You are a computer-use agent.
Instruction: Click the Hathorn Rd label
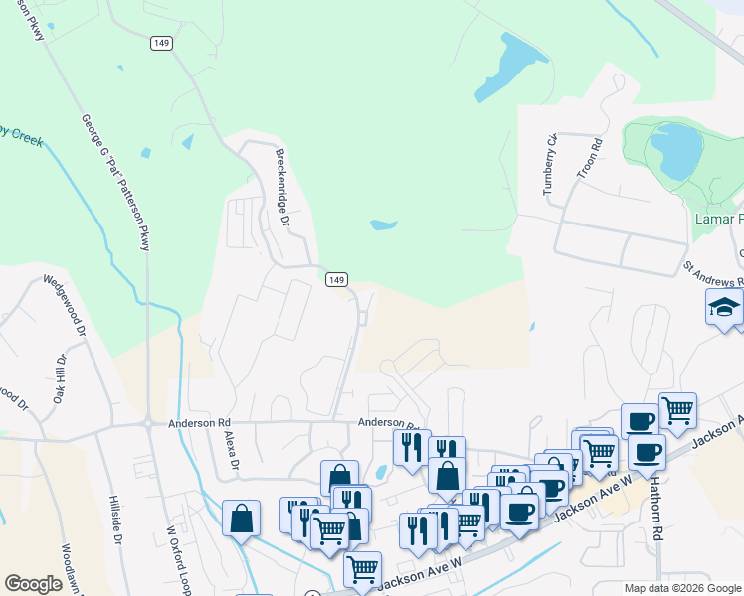[x=657, y=505]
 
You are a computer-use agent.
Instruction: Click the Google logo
[x=33, y=584]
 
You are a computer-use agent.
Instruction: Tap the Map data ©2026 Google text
[x=682, y=588]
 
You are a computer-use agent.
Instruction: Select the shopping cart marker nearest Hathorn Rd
[x=677, y=408]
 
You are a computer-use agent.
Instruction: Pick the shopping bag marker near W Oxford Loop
[x=241, y=518]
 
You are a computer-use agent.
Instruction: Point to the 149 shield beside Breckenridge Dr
[x=336, y=280]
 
